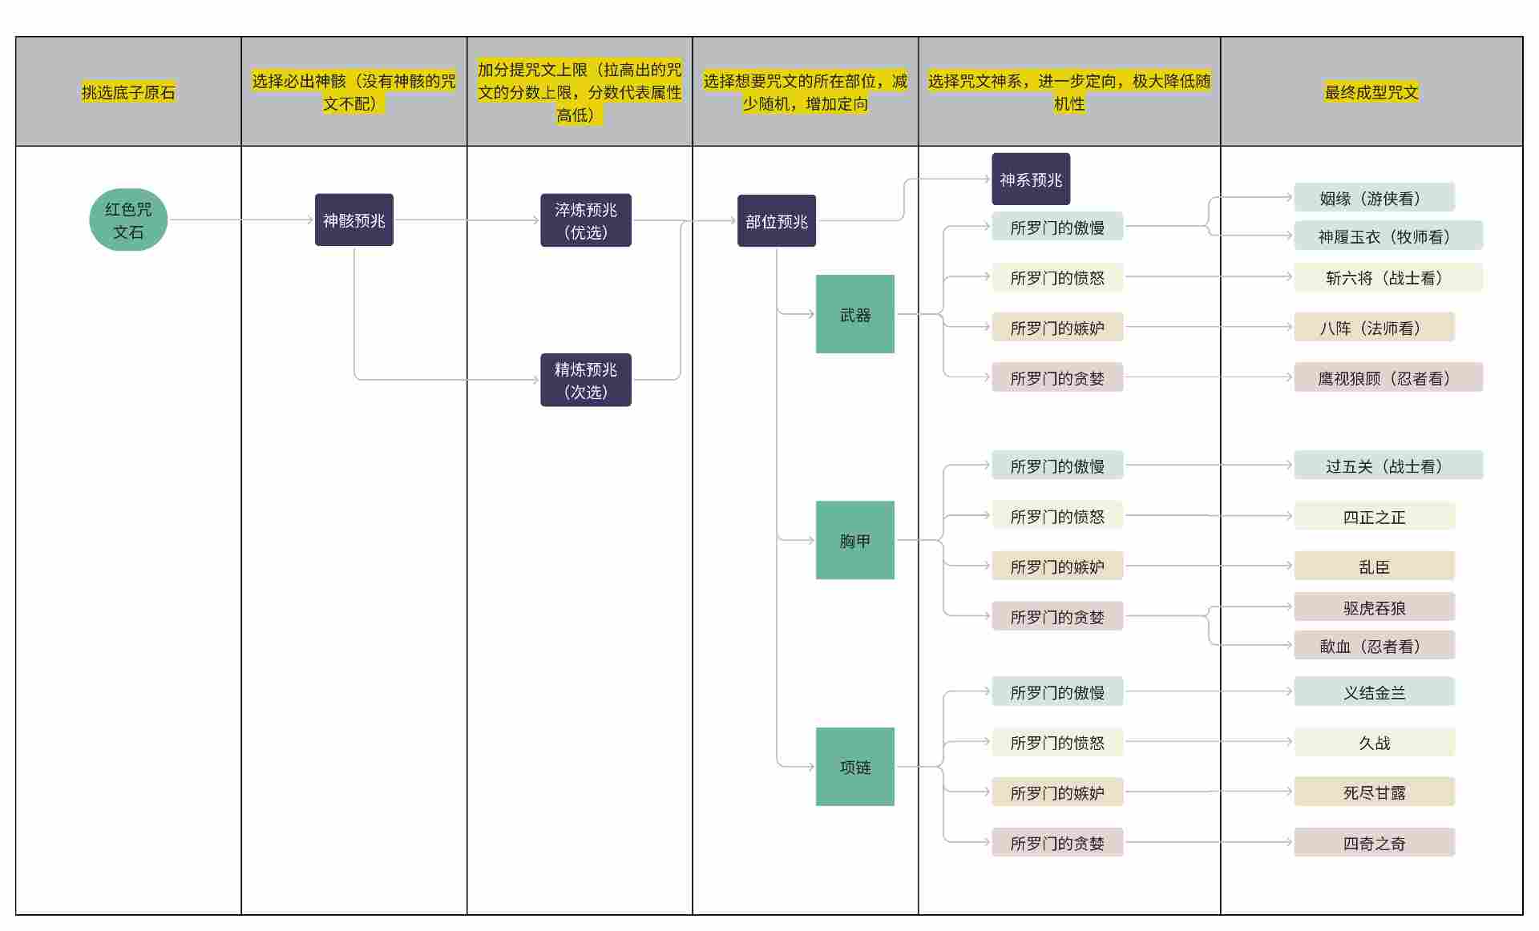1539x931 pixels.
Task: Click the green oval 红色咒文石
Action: [128, 220]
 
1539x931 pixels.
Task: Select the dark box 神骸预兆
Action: [353, 220]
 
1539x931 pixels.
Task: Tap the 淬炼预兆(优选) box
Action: [585, 220]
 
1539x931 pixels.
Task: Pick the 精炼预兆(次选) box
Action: [585, 380]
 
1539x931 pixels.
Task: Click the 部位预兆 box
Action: [776, 221]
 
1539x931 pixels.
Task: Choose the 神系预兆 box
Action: [1030, 179]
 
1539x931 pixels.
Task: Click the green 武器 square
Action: [854, 314]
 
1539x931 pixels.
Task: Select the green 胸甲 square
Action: [854, 540]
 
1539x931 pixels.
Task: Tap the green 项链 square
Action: [854, 767]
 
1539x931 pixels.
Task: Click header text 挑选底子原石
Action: [128, 92]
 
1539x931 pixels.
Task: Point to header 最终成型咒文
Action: [1371, 92]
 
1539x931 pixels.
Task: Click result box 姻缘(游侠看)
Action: [1373, 198]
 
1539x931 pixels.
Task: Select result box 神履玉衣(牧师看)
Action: [1388, 236]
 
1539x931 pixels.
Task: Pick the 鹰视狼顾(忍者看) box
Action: [1388, 377]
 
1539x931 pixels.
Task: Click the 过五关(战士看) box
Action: [1388, 465]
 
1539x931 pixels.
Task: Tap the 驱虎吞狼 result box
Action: [1373, 607]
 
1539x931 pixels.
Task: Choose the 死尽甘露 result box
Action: [1373, 792]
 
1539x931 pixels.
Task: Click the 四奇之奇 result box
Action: [1373, 843]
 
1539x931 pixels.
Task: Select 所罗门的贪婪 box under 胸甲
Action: [1056, 616]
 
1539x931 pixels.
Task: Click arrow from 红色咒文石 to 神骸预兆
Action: [240, 220]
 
